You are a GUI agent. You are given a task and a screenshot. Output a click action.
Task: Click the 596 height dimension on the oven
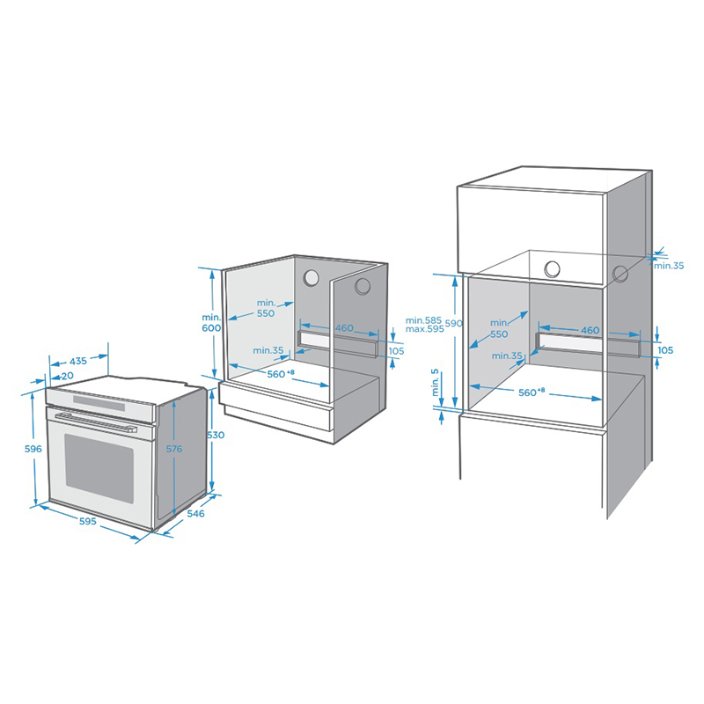pyautogui.click(x=33, y=449)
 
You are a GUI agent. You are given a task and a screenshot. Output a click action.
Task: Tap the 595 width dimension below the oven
pyautogui.click(x=87, y=521)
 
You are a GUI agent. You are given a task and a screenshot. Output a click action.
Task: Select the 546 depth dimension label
pyautogui.click(x=195, y=513)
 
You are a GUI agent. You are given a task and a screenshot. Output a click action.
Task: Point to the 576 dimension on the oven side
pyautogui.click(x=174, y=449)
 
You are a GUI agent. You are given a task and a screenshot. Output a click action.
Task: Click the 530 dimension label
pyautogui.click(x=216, y=435)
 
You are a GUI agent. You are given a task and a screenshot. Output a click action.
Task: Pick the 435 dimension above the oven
pyautogui.click(x=78, y=361)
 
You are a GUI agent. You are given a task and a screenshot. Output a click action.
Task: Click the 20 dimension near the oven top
pyautogui.click(x=68, y=376)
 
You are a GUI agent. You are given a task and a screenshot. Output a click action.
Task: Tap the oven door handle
pyautogui.click(x=96, y=422)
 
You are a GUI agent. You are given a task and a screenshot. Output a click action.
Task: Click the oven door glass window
pyautogui.click(x=99, y=468)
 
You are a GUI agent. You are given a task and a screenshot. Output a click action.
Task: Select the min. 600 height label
pyautogui.click(x=211, y=323)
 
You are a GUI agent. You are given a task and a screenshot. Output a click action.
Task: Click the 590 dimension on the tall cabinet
pyautogui.click(x=454, y=323)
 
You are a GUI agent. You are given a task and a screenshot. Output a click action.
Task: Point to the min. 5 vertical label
pyautogui.click(x=435, y=383)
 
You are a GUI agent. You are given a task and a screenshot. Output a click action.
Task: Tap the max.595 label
pyautogui.click(x=424, y=328)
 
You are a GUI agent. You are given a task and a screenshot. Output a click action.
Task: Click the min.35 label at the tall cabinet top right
pyautogui.click(x=669, y=266)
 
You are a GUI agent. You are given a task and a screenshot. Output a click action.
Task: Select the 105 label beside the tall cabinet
pyautogui.click(x=665, y=349)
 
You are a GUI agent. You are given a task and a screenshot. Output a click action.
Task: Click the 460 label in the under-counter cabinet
pyautogui.click(x=344, y=327)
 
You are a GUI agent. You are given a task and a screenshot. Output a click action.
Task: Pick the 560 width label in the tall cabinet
pyautogui.click(x=532, y=392)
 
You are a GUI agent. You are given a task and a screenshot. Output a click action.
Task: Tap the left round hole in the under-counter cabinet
pyautogui.click(x=311, y=278)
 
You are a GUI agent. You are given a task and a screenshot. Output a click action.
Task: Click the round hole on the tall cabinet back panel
pyautogui.click(x=552, y=269)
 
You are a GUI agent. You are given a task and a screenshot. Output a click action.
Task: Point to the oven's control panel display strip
pyautogui.click(x=99, y=402)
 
